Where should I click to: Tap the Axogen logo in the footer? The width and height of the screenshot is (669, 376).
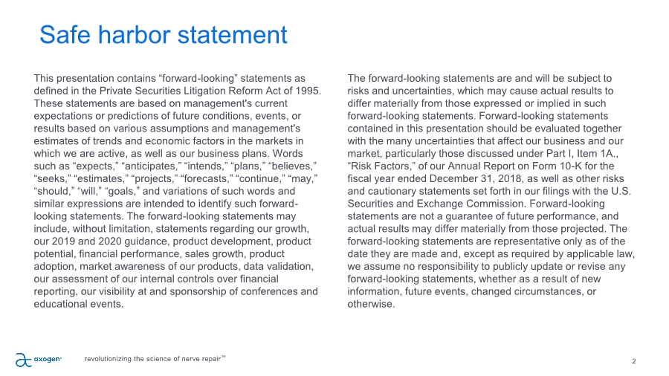point(37,360)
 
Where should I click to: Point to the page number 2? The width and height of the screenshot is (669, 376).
point(633,361)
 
